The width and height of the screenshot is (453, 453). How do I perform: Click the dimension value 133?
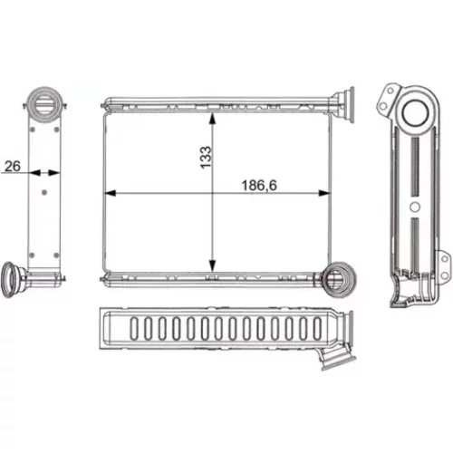pyautogui.click(x=206, y=158)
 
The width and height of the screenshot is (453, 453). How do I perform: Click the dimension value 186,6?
pyautogui.click(x=259, y=186)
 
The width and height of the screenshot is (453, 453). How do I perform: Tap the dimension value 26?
pyautogui.click(x=13, y=166)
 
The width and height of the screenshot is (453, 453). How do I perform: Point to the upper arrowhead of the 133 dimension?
pyautogui.click(x=213, y=119)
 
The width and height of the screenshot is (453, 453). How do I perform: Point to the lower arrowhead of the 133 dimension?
pyautogui.click(x=213, y=266)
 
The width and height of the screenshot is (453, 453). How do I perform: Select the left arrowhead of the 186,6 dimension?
pyautogui.click(x=110, y=193)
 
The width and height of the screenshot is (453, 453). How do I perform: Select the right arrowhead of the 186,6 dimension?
pyautogui.click(x=324, y=193)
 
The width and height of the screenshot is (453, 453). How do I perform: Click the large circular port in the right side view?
pyautogui.click(x=416, y=113)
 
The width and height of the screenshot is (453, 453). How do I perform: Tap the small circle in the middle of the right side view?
pyautogui.click(x=415, y=207)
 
